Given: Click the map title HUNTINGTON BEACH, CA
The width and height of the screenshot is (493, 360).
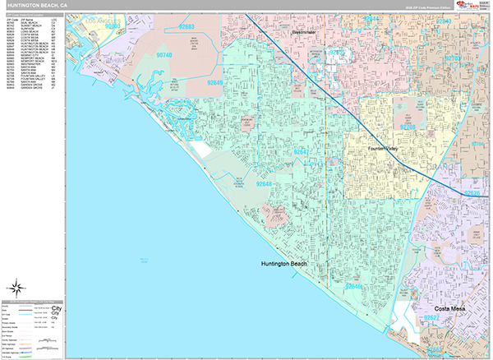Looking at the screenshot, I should (34, 5).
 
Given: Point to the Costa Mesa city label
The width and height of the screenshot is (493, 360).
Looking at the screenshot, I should (443, 316).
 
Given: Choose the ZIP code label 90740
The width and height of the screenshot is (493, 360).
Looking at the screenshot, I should (164, 55).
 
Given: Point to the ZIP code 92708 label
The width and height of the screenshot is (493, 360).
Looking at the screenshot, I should (408, 129).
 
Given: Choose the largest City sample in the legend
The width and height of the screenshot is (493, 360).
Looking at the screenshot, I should (56, 308).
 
